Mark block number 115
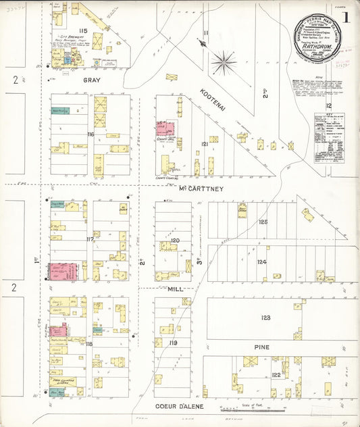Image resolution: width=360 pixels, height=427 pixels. pos(84,32)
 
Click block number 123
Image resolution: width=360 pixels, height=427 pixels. pos(265,318)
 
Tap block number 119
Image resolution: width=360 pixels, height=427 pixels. pos(174,343)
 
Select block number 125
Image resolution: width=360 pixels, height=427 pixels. pos(263,222)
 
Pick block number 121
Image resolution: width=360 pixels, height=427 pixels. pos(203,144)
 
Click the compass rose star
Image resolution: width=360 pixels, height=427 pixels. pos(224,64)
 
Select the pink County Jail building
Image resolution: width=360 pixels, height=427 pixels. pos(166,129)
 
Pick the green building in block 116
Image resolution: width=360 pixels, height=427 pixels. pos(60,111)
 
